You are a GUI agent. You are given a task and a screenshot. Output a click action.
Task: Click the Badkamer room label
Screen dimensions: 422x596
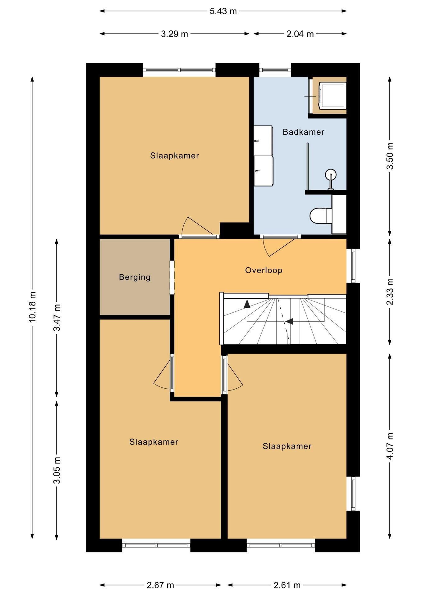[303, 132]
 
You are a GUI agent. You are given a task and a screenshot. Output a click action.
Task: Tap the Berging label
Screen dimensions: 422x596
[135, 277]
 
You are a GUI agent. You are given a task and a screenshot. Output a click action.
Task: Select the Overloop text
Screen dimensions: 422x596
[264, 270]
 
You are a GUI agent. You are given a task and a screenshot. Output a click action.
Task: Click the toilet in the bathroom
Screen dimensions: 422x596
[321, 215]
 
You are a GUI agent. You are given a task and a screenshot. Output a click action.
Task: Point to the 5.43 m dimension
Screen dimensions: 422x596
[223, 11]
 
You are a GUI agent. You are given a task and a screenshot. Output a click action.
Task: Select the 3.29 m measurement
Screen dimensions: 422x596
[174, 34]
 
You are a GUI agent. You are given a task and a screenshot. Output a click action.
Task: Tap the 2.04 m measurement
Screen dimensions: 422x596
[300, 34]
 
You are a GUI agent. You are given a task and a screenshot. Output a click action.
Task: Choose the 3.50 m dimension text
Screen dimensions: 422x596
[390, 156]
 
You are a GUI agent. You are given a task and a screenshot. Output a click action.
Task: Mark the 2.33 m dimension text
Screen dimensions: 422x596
[390, 291]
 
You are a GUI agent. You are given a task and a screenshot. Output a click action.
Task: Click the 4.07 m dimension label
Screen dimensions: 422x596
[390, 446]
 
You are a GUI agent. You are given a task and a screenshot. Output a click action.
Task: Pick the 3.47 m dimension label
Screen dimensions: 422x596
[57, 318]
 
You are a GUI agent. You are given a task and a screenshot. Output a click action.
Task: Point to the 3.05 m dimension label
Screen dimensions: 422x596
[57, 470]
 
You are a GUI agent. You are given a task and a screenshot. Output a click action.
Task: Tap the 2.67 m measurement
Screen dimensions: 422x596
[160, 585]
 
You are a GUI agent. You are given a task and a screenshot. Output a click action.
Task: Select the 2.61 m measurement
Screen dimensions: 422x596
[287, 585]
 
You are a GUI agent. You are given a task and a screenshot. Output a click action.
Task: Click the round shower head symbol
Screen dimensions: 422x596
[331, 175]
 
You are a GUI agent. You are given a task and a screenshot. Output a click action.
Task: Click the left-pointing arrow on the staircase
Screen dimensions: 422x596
[289, 321]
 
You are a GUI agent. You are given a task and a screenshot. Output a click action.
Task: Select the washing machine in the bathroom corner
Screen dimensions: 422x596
[333, 96]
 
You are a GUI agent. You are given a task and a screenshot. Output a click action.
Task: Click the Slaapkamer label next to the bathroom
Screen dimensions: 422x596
[174, 156]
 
